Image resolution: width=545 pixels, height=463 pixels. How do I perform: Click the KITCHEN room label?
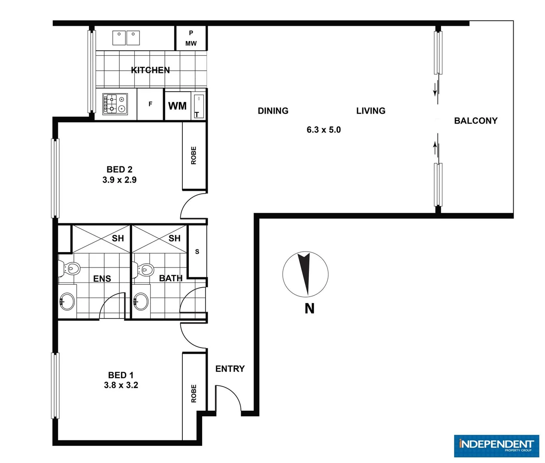coord(150,70)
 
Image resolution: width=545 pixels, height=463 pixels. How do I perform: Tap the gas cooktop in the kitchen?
coord(115,104)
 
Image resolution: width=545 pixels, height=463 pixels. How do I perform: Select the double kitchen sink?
coord(126,38)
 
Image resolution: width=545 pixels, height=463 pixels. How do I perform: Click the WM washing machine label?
coord(177,106)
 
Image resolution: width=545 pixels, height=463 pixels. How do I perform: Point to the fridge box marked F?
coord(150,104)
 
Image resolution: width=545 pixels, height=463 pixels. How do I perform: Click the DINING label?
coord(273,111)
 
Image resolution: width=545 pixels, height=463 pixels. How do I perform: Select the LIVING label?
coord(371,111)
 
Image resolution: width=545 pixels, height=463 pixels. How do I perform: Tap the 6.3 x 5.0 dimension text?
coord(324,129)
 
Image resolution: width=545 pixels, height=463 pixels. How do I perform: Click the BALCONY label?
coord(475,121)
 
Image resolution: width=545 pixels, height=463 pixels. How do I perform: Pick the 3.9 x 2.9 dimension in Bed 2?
coord(119,180)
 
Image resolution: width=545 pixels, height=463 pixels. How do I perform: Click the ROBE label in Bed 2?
coord(194,155)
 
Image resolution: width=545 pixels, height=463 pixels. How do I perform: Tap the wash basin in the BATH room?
coord(141,302)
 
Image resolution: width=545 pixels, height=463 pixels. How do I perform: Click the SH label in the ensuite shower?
coord(118,238)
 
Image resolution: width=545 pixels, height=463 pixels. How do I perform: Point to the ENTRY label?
coord(230,369)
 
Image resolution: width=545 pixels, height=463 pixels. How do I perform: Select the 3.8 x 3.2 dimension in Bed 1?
coord(121,385)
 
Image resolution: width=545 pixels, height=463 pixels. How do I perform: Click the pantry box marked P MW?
coord(191,38)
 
